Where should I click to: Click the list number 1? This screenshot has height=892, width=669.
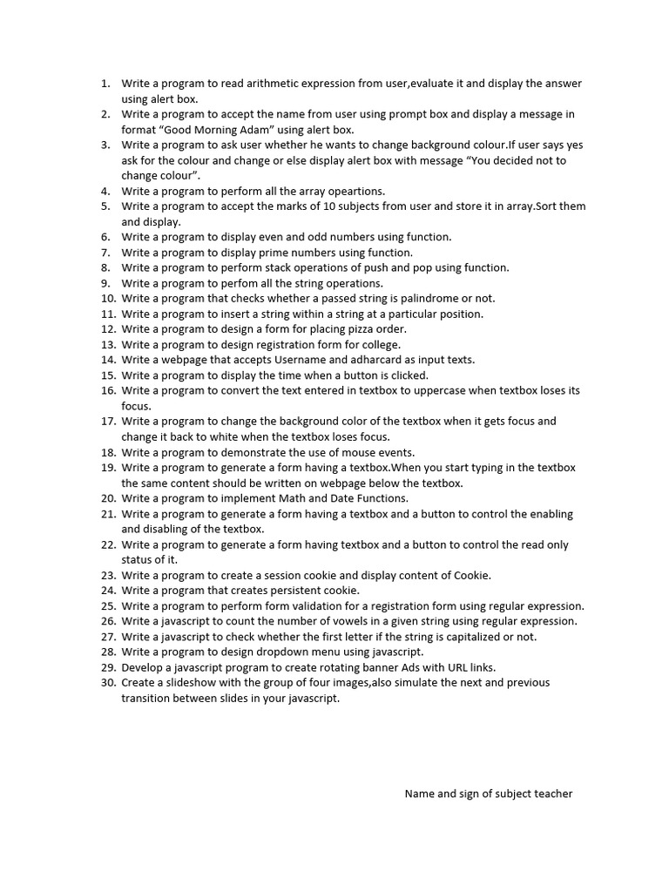[x=105, y=84]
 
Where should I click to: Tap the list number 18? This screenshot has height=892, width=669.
[x=108, y=452]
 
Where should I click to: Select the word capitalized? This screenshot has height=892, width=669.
[x=470, y=637]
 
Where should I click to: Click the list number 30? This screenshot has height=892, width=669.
[x=108, y=683]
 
